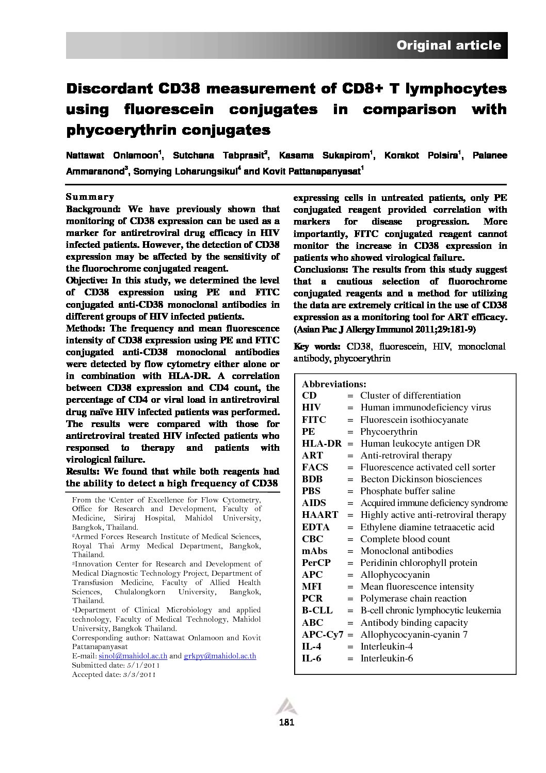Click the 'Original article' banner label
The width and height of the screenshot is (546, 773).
point(448,45)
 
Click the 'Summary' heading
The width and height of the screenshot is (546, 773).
point(90,197)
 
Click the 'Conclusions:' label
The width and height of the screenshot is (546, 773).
point(320,270)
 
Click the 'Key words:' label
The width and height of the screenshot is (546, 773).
point(317,346)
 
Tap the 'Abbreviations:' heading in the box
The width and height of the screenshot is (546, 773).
point(334,384)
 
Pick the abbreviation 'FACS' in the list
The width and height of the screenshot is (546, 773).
point(315,467)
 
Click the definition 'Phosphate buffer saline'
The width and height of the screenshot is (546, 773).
point(408,491)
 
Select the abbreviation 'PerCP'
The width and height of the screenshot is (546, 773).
point(316,563)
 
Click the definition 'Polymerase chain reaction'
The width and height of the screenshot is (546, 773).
point(413,598)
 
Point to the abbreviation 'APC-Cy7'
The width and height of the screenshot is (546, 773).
point(323,635)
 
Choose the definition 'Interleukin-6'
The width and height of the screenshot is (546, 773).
point(387,658)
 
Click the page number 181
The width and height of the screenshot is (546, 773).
point(286,722)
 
